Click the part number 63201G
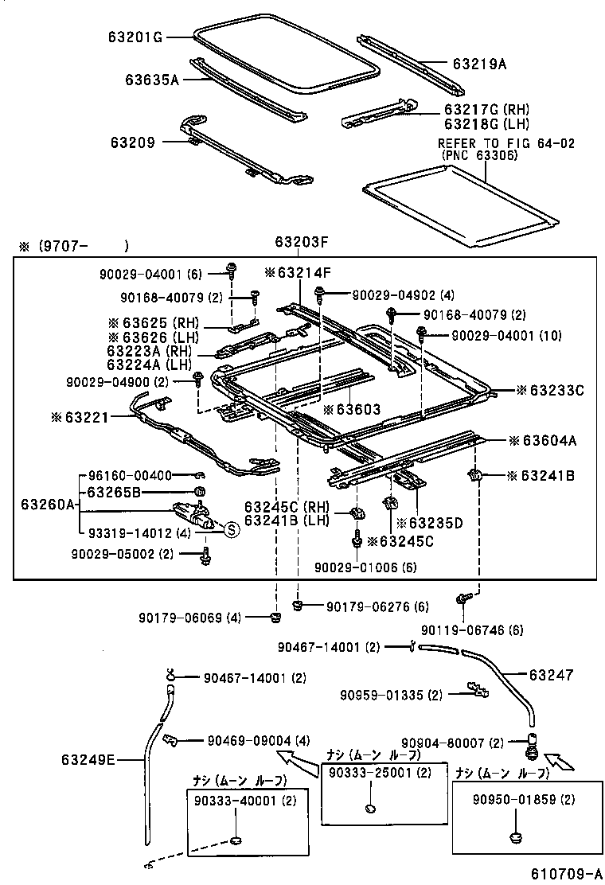136,36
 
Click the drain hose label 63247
550,675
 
